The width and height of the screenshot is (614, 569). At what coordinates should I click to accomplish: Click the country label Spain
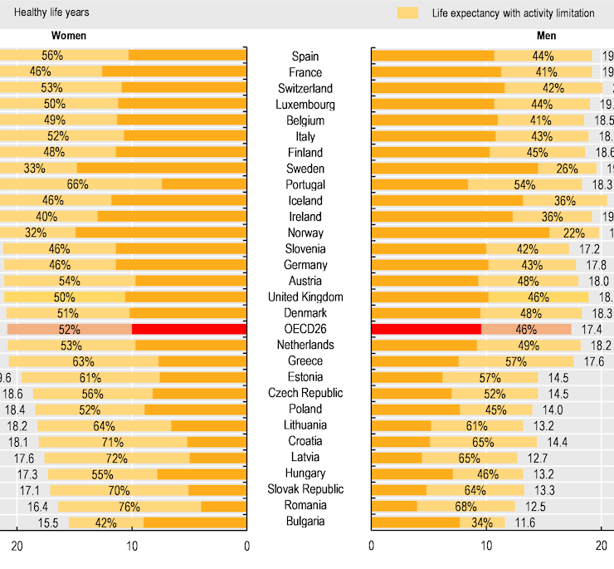click(x=305, y=56)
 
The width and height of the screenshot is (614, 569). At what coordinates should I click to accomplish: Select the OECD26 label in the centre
click(x=305, y=329)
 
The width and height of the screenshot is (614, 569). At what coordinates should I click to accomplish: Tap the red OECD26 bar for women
click(x=188, y=329)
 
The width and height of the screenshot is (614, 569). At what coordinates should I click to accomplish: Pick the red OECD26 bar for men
click(x=426, y=329)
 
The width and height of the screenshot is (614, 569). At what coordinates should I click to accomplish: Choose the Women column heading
click(x=69, y=37)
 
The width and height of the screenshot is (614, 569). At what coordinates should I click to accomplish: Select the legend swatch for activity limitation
click(x=407, y=12)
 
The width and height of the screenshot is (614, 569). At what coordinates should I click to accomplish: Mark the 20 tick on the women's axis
click(x=17, y=546)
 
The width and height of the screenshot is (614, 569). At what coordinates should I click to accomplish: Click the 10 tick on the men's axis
click(x=486, y=546)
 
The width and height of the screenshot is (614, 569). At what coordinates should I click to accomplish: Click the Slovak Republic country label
click(x=305, y=490)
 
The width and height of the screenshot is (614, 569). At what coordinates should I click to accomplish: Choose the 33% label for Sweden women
click(x=35, y=168)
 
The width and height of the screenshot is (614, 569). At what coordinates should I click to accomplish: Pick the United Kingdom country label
click(x=305, y=297)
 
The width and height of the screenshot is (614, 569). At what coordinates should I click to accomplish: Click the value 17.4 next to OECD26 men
click(x=592, y=329)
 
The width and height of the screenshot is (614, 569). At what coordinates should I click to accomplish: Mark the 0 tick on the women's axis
click(x=246, y=546)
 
